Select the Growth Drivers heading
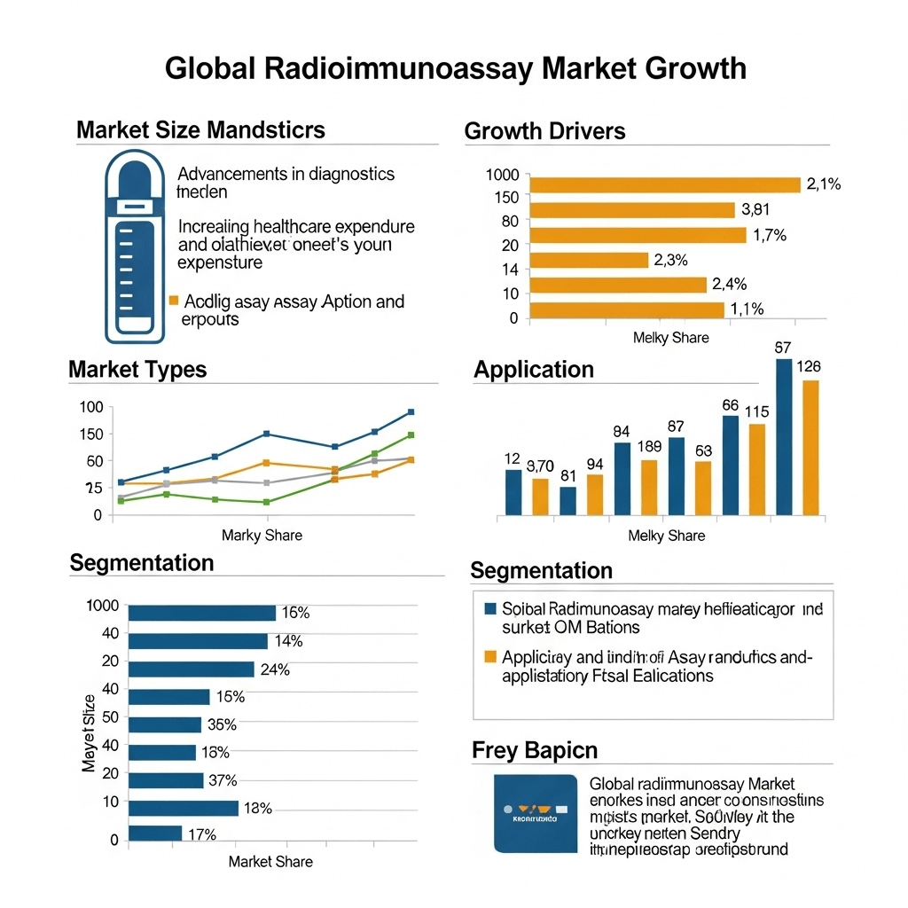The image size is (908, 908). pyautogui.click(x=544, y=131)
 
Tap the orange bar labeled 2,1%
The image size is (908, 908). pyautogui.click(x=665, y=184)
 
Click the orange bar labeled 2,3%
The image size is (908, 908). pyautogui.click(x=590, y=260)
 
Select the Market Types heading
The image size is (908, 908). pyautogui.click(x=137, y=369)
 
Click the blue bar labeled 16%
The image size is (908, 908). pyautogui.click(x=202, y=613)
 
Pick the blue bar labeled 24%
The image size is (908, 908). pyautogui.click(x=192, y=669)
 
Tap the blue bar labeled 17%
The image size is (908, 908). pyautogui.click(x=155, y=834)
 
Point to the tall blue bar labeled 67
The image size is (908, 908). pyautogui.click(x=784, y=436)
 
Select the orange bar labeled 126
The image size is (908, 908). pyautogui.click(x=810, y=448)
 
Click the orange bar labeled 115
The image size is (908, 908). pyautogui.click(x=756, y=469)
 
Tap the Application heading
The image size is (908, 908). pyautogui.click(x=534, y=369)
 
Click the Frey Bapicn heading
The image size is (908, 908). pyautogui.click(x=534, y=750)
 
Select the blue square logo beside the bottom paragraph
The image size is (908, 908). pyautogui.click(x=535, y=812)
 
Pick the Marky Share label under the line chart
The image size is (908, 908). pyautogui.click(x=262, y=535)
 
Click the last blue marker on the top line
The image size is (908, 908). pyautogui.click(x=411, y=412)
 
